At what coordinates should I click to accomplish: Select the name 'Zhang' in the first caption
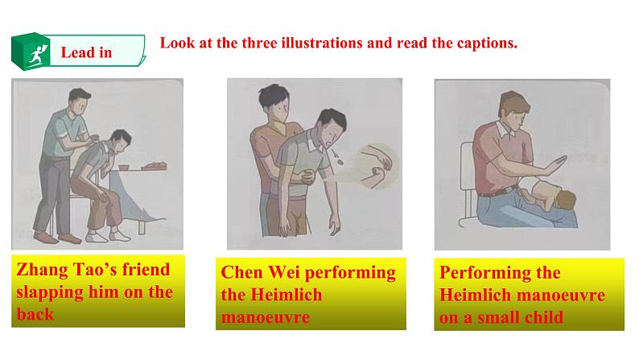[41, 271]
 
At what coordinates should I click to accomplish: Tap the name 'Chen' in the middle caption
[241, 273]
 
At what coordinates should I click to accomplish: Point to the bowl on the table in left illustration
[126, 166]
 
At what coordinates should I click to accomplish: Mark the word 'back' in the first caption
[35, 314]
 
